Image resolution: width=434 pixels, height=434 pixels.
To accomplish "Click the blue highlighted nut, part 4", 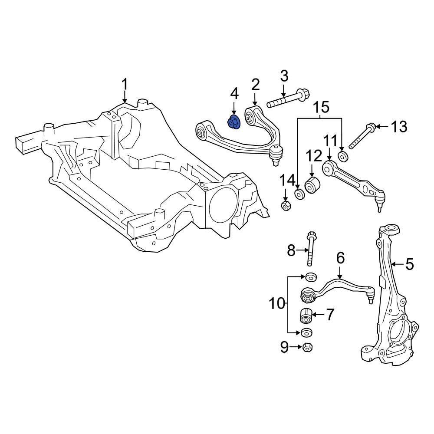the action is pyautogui.click(x=234, y=123).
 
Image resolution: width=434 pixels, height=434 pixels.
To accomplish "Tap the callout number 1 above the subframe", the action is pyautogui.click(x=125, y=84).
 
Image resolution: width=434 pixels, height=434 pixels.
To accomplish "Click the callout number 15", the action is pyautogui.click(x=321, y=107).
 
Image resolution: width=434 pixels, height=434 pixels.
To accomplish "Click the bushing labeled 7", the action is pyautogui.click(x=306, y=316).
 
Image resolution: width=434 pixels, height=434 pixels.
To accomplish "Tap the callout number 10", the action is pyautogui.click(x=277, y=304).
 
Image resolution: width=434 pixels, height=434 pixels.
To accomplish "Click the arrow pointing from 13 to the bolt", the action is pyautogui.click(x=382, y=127).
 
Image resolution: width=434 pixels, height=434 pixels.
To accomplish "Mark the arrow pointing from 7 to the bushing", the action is pyautogui.click(x=317, y=315).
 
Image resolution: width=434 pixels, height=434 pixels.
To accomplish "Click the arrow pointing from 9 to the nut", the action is pyautogui.click(x=296, y=346).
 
